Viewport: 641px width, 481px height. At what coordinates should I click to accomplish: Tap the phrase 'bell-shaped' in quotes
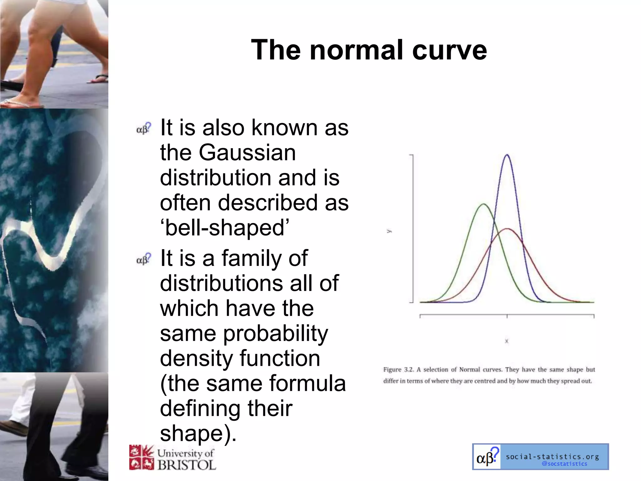(x=224, y=228)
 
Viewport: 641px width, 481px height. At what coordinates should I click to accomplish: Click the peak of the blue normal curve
(x=507, y=155)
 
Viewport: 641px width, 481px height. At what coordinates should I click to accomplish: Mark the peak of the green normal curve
(x=484, y=204)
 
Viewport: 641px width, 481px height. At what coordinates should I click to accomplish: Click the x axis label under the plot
(x=507, y=341)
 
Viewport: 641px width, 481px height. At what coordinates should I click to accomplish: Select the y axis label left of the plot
(x=389, y=231)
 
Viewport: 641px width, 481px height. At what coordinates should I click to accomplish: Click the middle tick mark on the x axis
(x=507, y=316)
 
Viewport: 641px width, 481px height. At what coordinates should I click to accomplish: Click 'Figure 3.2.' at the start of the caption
(x=399, y=370)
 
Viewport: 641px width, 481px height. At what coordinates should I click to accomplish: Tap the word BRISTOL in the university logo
(x=187, y=465)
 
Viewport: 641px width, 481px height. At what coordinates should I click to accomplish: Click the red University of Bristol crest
(x=141, y=457)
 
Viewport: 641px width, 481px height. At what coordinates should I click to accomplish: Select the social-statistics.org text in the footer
(x=552, y=457)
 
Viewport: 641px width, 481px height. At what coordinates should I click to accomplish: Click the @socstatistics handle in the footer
(x=564, y=464)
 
